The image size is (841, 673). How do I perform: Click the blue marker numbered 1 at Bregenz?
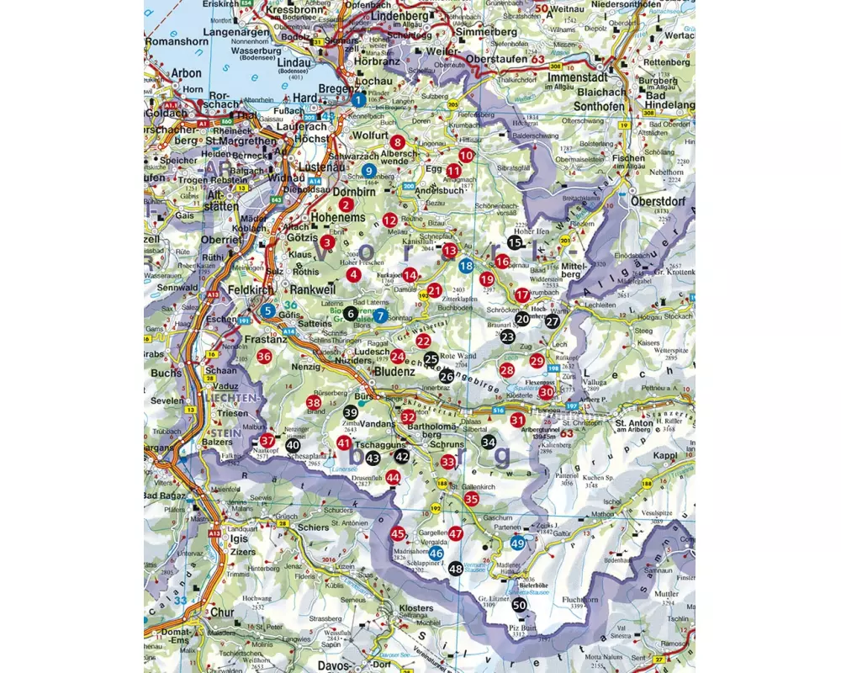[x=359, y=100]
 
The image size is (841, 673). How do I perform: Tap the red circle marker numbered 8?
[x=397, y=142]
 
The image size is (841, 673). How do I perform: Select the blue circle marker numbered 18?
[x=465, y=266]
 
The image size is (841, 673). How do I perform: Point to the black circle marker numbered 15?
[x=515, y=242]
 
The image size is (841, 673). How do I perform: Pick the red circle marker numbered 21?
[x=434, y=291]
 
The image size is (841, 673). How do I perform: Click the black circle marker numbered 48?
[x=455, y=569]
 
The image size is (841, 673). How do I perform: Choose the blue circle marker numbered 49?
[x=518, y=543]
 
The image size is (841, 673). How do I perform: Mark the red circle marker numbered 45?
[x=398, y=533]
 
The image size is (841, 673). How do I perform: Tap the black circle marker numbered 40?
[x=293, y=445]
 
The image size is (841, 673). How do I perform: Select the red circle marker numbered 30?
[x=547, y=392]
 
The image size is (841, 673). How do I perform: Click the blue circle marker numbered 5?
[x=267, y=311]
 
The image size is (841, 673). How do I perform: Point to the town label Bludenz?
[x=394, y=371]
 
